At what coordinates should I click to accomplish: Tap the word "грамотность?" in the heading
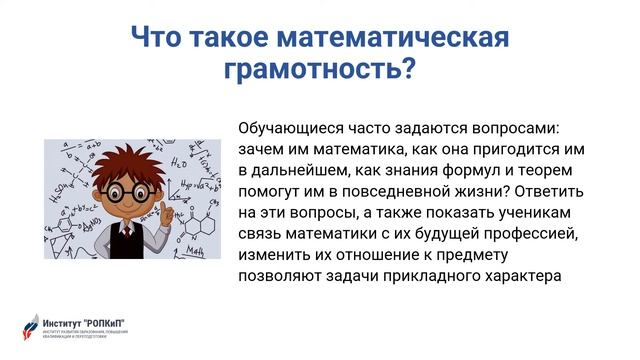click(x=320, y=72)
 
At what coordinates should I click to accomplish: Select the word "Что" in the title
click(x=159, y=39)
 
